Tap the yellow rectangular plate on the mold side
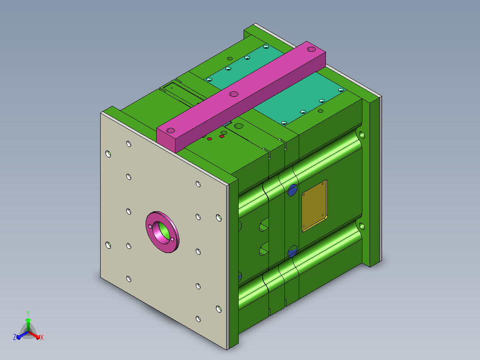[314, 205]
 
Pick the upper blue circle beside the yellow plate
[293, 190]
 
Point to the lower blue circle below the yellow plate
[293, 251]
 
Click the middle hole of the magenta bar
[234, 94]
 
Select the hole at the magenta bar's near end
[171, 131]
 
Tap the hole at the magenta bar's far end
[311, 49]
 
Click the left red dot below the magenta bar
[209, 139]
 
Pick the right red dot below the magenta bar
[222, 136]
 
